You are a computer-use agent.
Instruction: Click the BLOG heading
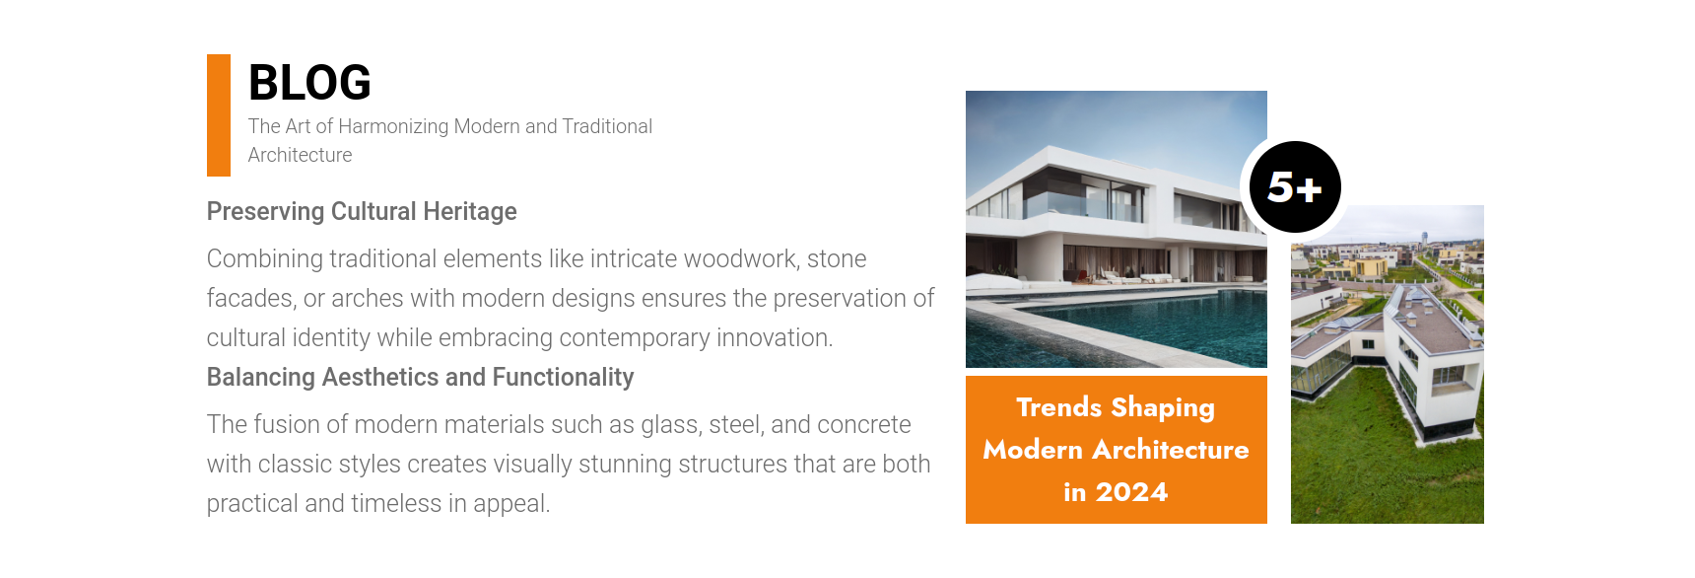(x=309, y=83)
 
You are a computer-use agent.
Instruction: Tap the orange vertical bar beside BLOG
(x=219, y=115)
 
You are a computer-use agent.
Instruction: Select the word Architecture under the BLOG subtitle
(x=300, y=155)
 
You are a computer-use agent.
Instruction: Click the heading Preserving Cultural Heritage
(x=362, y=212)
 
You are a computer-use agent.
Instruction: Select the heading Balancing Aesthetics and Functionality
(x=420, y=378)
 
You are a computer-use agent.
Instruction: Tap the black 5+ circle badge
(x=1295, y=187)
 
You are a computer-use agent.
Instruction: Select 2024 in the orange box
(x=1131, y=492)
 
